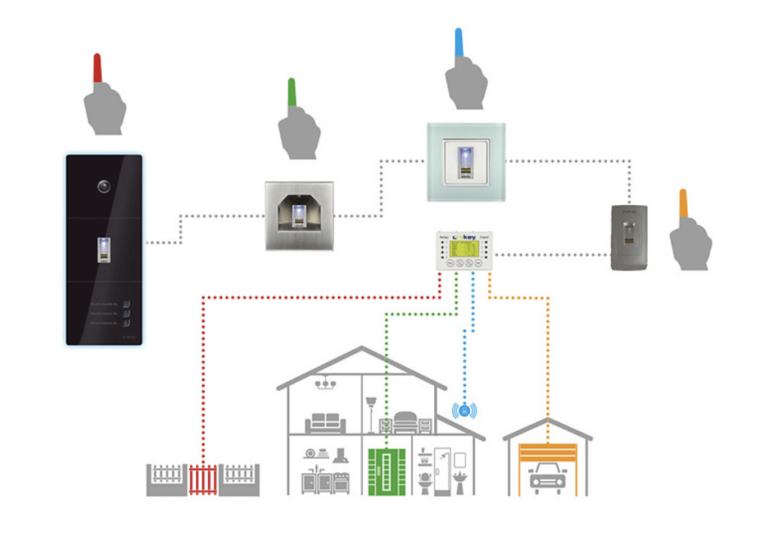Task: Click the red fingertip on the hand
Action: click(x=97, y=68)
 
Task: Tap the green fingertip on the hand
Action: click(x=292, y=92)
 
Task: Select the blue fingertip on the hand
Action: click(x=459, y=43)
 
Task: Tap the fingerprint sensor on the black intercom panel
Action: click(x=104, y=249)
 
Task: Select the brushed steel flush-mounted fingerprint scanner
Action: click(x=299, y=215)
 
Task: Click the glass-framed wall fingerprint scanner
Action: click(x=466, y=162)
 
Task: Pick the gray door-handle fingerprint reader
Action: click(x=629, y=237)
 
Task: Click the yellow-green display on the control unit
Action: click(x=464, y=248)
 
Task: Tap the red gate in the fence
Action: click(x=203, y=480)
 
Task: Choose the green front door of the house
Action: click(x=387, y=471)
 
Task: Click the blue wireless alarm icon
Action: click(x=465, y=411)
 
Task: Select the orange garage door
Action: click(x=547, y=453)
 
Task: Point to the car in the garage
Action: click(x=547, y=478)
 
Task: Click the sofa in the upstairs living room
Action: click(x=325, y=423)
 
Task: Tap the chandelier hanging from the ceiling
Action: click(x=325, y=384)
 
